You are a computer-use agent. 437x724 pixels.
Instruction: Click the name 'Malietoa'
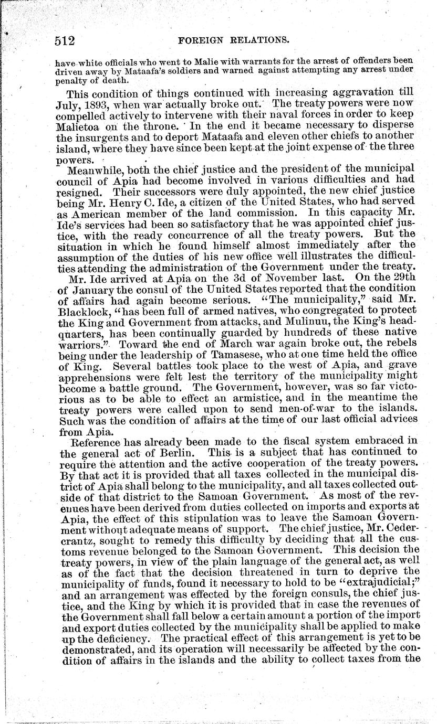(x=76, y=127)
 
